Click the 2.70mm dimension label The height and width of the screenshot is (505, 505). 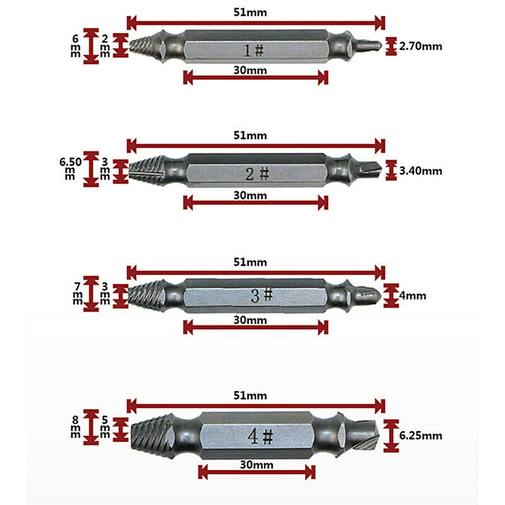[420, 46]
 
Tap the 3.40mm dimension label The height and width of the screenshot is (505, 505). [420, 170]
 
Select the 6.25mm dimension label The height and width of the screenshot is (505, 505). [420, 436]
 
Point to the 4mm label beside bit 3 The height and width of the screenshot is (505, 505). [413, 295]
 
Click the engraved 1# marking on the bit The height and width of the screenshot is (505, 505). [254, 50]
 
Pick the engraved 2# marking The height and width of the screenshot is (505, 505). [257, 174]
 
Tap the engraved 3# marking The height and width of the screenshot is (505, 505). [261, 295]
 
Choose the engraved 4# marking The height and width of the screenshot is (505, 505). [260, 436]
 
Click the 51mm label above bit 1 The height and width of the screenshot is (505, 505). [250, 13]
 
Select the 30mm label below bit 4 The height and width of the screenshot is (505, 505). [257, 465]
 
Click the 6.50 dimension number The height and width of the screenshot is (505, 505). [71, 162]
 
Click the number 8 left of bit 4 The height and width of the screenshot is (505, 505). [75, 420]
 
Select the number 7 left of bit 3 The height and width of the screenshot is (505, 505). [77, 287]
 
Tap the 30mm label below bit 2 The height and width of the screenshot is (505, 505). [250, 196]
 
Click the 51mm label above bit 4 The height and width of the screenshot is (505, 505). [250, 396]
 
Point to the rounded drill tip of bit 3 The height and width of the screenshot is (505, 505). [370, 295]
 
